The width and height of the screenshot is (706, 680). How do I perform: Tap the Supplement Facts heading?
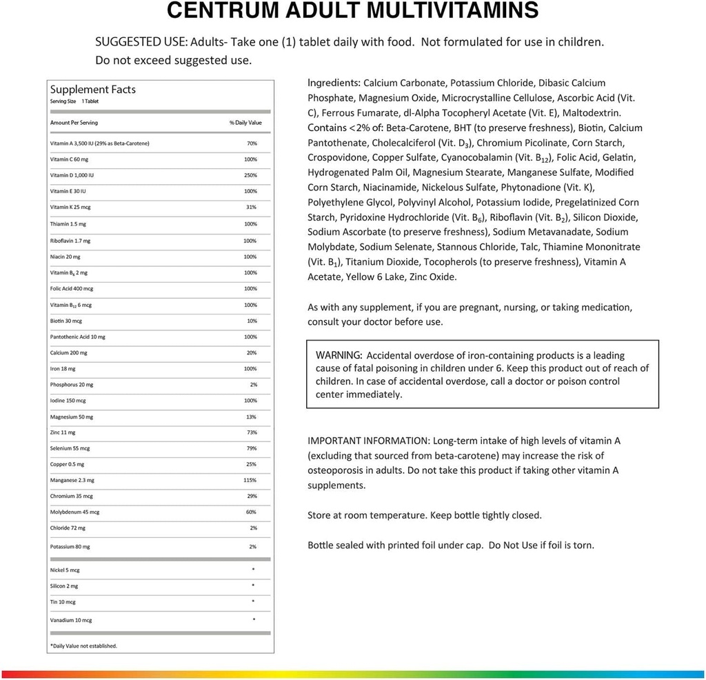coord(92,90)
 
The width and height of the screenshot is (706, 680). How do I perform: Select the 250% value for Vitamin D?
coord(250,175)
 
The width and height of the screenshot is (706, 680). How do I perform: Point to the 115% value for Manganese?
coord(250,480)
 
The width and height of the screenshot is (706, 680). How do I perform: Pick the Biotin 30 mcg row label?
coord(66,321)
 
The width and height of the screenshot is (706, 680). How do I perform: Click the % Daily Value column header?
coord(245,123)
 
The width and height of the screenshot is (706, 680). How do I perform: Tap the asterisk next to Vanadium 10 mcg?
coord(254,619)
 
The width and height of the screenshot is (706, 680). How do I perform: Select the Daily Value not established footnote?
coord(83,646)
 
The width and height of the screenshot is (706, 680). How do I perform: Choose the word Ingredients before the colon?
coord(334,83)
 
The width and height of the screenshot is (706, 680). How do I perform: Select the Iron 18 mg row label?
coord(63,369)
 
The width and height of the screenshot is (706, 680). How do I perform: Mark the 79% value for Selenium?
coord(252,448)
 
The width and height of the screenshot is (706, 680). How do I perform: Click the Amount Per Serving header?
coord(74,123)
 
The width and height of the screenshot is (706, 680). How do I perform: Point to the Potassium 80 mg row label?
coord(70,546)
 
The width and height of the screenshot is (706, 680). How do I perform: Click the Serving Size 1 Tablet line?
coord(74,101)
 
